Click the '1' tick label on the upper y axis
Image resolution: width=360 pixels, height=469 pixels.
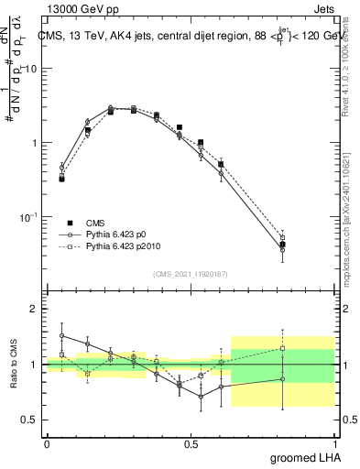[35, 143]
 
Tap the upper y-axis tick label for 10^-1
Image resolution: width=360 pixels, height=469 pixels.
[29, 216]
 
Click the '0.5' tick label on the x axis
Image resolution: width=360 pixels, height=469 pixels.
[191, 443]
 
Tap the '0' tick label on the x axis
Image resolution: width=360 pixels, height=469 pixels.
[47, 443]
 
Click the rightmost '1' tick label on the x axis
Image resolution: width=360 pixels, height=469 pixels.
[335, 443]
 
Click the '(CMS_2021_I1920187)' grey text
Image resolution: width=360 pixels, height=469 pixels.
[191, 274]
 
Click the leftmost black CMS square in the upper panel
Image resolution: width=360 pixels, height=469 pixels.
[61, 179]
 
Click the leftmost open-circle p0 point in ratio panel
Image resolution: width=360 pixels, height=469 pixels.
[61, 335]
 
